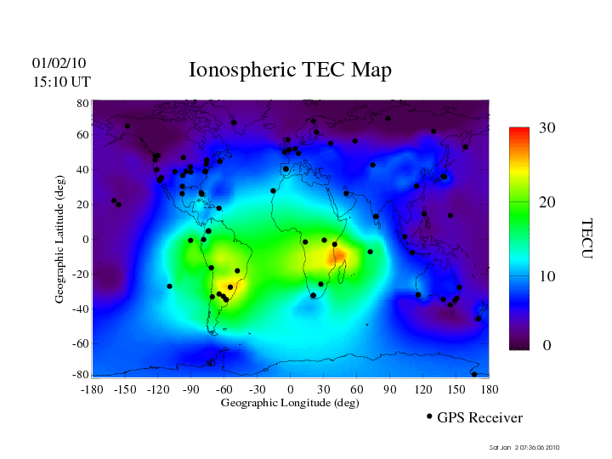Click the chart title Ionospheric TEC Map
point(290,70)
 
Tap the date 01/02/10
point(59,63)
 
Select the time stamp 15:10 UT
point(61,82)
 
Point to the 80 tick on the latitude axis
point(83,103)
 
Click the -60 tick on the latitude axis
point(81,343)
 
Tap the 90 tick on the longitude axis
point(390,389)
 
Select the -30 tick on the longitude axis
point(256,389)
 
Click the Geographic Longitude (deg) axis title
point(290,403)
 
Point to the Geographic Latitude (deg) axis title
point(60,245)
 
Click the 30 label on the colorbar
point(547,128)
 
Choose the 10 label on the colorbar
point(547,277)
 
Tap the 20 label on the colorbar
point(547,204)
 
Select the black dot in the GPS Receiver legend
point(429,416)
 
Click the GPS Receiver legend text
point(479,417)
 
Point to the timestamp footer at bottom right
point(524,447)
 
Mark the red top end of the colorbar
point(519,132)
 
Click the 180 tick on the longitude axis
point(490,389)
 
